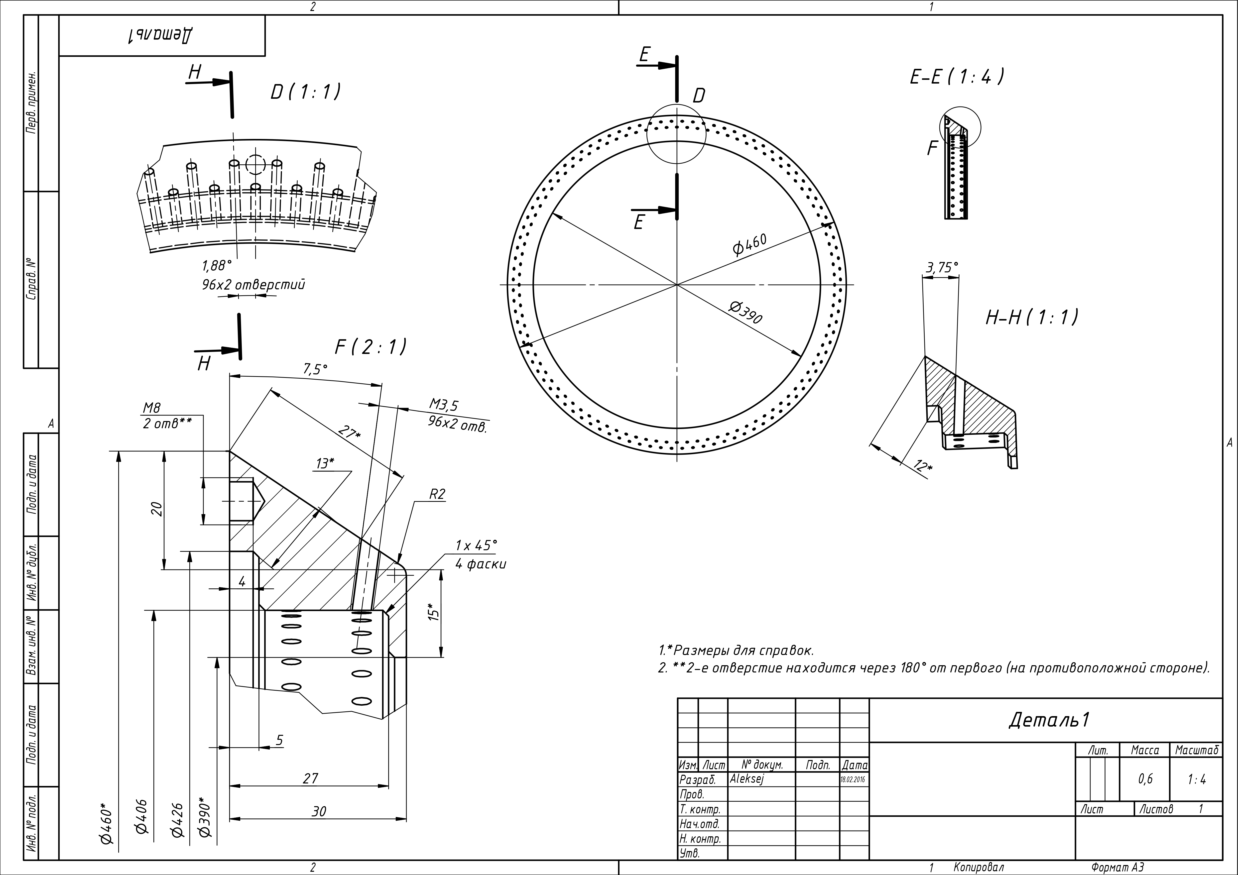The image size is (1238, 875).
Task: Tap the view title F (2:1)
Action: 371,347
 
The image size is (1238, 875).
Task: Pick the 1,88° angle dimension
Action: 217,266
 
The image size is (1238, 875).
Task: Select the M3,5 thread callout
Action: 444,404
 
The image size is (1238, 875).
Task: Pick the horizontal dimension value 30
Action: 319,811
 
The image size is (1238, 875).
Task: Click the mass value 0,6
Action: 1146,779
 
